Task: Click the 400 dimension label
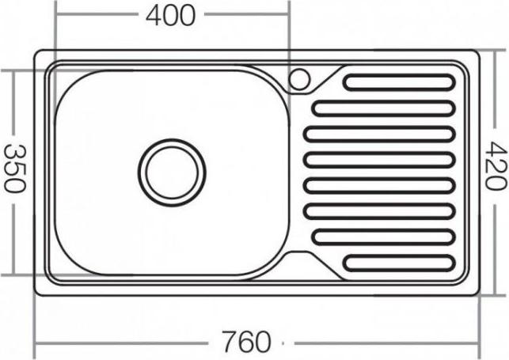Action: point(171,15)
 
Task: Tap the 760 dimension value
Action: point(245,342)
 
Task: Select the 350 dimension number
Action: point(14,169)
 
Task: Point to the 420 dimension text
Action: point(496,165)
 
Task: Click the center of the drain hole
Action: point(172,172)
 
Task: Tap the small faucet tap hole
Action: point(299,79)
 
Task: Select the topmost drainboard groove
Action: point(399,82)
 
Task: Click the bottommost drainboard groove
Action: point(399,263)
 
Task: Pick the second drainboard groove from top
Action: point(383,108)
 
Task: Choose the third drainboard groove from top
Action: point(379,134)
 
